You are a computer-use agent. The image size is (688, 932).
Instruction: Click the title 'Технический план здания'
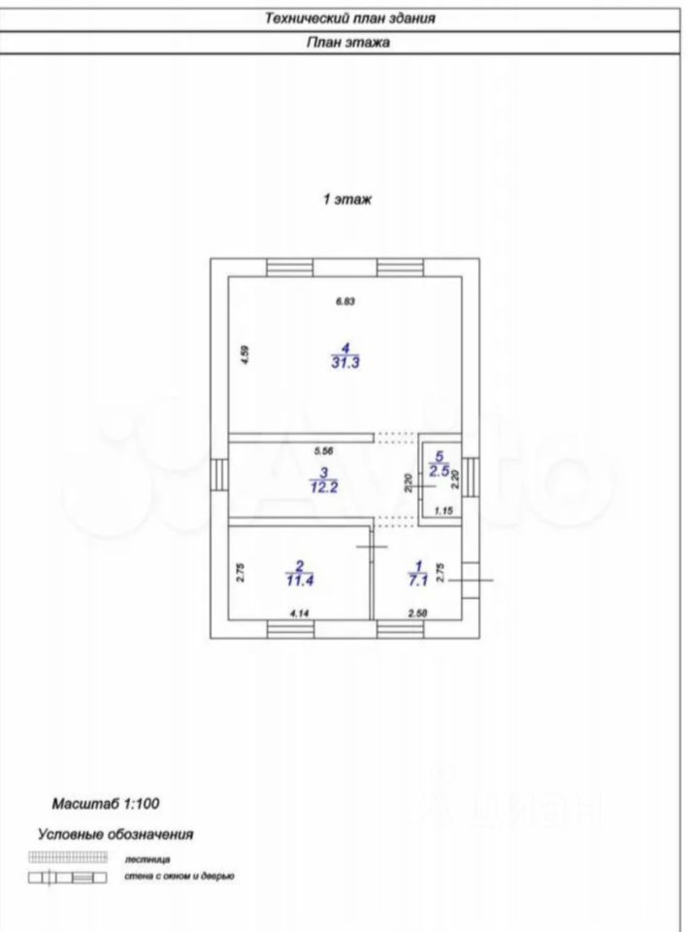(x=348, y=17)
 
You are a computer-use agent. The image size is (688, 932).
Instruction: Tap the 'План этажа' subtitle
(x=348, y=43)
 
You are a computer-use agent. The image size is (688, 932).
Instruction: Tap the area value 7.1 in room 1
(x=417, y=581)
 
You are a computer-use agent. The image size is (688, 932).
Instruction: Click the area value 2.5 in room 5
(x=440, y=471)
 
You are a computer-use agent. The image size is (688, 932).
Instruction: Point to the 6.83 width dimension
(x=346, y=301)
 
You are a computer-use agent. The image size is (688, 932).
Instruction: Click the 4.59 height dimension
(x=246, y=355)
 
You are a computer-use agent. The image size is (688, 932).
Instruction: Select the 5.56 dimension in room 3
(x=324, y=451)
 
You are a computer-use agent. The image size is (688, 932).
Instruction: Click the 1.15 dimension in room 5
(x=444, y=511)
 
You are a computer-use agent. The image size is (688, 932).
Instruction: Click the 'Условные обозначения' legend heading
(x=115, y=833)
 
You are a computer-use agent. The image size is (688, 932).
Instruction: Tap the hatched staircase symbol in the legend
(x=68, y=857)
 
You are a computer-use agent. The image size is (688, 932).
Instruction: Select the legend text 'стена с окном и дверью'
(x=180, y=876)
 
